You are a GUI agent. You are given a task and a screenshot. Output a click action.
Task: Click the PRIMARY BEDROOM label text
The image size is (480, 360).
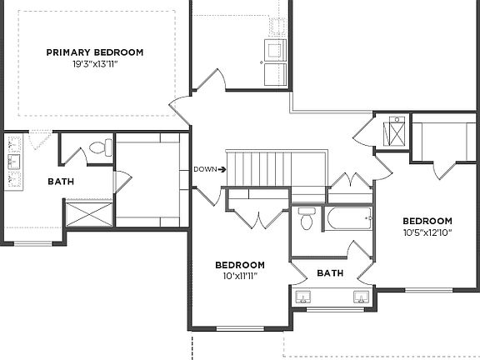pos(94,52)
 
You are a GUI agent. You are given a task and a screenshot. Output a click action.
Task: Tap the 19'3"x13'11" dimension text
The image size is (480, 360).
pos(94,63)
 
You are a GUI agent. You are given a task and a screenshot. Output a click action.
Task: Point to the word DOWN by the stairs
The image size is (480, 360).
pos(205,169)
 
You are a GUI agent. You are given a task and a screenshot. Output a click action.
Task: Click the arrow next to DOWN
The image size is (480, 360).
pos(221,169)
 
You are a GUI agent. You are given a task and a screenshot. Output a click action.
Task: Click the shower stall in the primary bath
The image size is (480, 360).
pos(87,212)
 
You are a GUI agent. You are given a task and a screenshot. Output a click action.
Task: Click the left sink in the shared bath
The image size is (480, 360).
pos(301,297)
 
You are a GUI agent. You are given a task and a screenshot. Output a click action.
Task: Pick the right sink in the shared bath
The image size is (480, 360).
pos(362,297)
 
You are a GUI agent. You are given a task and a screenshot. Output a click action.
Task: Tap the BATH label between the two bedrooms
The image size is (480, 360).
pos(330,273)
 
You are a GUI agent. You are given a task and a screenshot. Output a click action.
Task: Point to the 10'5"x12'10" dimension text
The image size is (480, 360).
pos(427,232)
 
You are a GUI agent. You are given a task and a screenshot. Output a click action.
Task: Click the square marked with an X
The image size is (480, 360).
pos(396,132)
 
